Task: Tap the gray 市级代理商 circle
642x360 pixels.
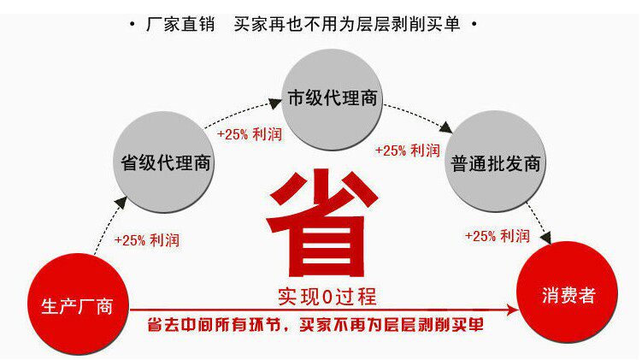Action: pyautogui.click(x=333, y=97)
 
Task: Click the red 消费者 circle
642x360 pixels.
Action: pyautogui.click(x=568, y=296)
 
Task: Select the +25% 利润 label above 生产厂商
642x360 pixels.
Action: pyautogui.click(x=147, y=240)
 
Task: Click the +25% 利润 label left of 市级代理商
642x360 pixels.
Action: pyautogui.click(x=249, y=134)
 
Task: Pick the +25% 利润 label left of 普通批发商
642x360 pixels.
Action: pyautogui.click(x=408, y=150)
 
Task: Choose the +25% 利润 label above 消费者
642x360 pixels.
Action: pyautogui.click(x=497, y=235)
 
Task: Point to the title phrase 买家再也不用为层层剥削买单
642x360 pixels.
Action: pyautogui.click(x=346, y=24)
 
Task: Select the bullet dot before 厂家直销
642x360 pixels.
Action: pyautogui.click(x=131, y=23)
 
